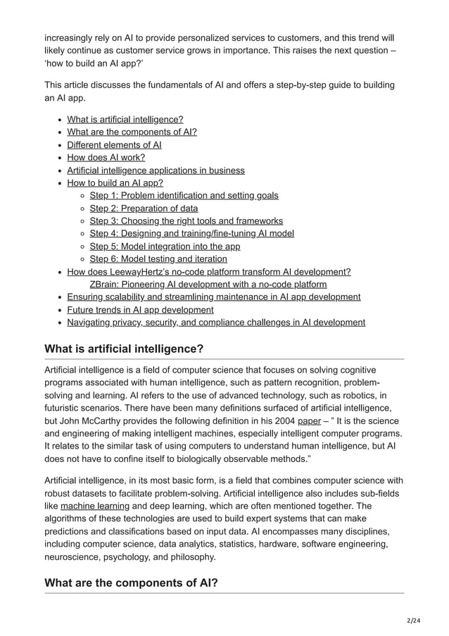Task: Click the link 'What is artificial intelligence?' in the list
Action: coord(125,120)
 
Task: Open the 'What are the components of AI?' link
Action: coord(132,132)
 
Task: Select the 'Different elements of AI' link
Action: coord(114,145)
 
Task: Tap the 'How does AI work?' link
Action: coord(106,158)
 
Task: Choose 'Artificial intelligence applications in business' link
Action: coord(156,170)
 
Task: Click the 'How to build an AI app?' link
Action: coord(115,183)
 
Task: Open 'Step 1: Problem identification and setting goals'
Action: coord(184,196)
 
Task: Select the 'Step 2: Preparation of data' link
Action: coord(144,208)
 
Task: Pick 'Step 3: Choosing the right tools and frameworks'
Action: coord(186,221)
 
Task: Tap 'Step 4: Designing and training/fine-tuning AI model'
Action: coord(191,234)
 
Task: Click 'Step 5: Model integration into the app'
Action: coord(165,247)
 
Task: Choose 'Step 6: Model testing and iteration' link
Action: coord(158,259)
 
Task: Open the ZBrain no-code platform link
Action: coord(208,285)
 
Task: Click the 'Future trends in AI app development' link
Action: coord(140,310)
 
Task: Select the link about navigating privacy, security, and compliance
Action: coord(216,323)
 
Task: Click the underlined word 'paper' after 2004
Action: coord(309,420)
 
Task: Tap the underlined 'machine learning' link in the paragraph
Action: coord(95,506)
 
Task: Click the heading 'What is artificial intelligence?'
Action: coord(124,348)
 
